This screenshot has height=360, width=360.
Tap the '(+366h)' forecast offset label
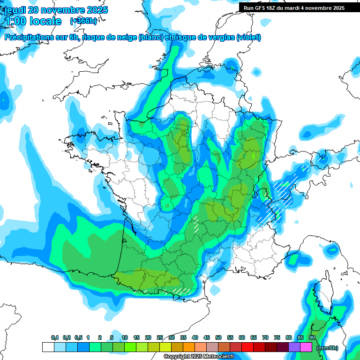[83, 21]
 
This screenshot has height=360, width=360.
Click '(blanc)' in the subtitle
[150, 37]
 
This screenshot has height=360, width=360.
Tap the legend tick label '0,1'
[55, 337]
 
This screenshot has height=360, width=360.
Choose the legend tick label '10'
[125, 337]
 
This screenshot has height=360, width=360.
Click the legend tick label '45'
[207, 337]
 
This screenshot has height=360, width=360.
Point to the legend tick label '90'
[312, 337]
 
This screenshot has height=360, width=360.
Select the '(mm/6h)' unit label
[328, 348]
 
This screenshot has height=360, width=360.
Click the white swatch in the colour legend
[48, 347]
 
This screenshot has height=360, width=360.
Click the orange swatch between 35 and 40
[189, 347]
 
